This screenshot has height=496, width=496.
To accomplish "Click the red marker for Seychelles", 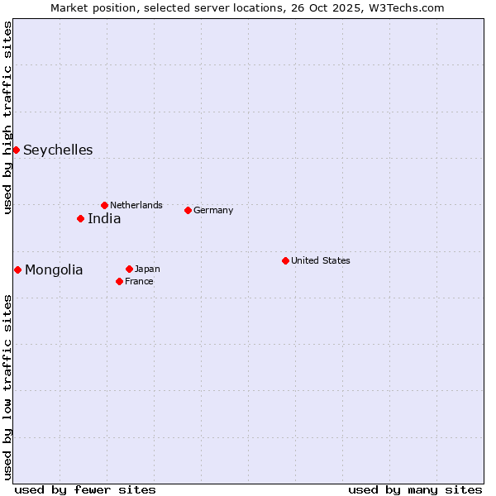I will [16, 150].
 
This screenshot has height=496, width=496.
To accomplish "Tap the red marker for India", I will [80, 218].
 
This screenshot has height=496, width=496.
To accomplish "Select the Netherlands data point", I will [104, 205].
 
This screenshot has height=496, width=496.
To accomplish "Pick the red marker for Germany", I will [188, 210].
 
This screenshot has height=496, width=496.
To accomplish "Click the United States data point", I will [285, 260].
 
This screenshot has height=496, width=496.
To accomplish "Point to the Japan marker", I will [129, 269].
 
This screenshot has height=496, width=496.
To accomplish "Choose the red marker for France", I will [119, 281].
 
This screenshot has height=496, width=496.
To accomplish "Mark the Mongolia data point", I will [17, 269].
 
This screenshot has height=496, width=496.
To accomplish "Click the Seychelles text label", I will [58, 150].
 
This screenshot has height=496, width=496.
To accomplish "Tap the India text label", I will [104, 218].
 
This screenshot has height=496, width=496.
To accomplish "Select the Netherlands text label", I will [136, 205].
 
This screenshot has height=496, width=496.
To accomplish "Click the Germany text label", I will [213, 210].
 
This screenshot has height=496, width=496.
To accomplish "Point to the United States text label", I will [321, 260].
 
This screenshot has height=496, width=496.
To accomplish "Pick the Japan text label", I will [147, 269].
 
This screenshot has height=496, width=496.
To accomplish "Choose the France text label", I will [139, 281].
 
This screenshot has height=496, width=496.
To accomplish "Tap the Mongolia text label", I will [54, 269].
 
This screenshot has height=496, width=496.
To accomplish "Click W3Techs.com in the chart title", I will [406, 7].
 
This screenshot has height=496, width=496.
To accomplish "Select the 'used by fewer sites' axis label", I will [85, 489].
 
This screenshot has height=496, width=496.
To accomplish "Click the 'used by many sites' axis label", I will [415, 489].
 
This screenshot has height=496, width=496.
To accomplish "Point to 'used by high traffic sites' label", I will [7, 117].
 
